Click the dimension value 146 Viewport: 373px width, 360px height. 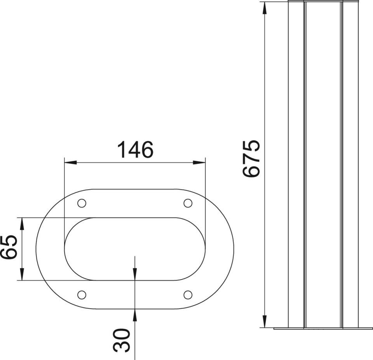(x=135, y=150)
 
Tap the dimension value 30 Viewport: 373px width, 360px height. (x=121, y=340)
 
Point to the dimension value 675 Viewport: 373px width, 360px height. (x=251, y=159)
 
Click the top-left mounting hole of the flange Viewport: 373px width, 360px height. (x=82, y=203)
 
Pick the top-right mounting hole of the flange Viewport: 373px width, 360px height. (x=188, y=203)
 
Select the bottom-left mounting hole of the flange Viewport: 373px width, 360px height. (x=82, y=295)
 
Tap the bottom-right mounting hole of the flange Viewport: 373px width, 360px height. (x=188, y=295)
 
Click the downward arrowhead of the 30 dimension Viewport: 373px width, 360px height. (x=134, y=274)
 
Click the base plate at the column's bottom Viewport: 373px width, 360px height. (x=322, y=329)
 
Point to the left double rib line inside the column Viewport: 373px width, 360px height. (x=305, y=163)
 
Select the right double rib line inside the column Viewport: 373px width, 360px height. (x=342, y=163)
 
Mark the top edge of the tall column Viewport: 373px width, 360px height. (x=322, y=2)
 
